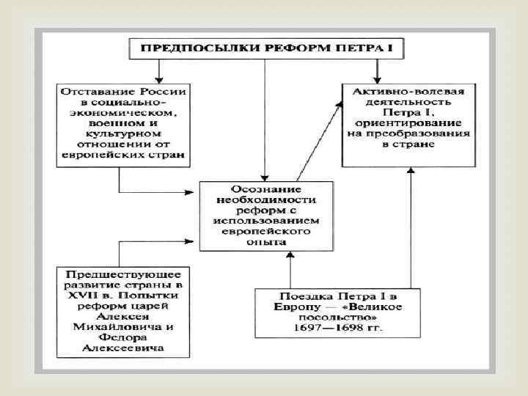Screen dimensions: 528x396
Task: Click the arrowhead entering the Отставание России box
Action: click(x=159, y=78)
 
